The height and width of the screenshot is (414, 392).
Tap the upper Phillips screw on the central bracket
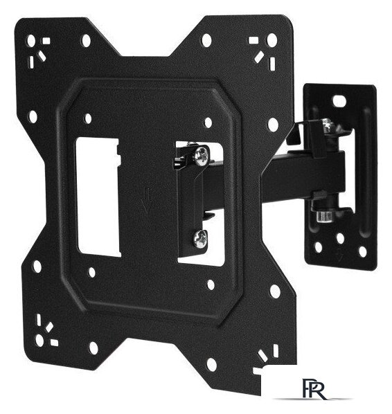201,156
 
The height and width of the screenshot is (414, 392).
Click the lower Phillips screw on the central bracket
200,239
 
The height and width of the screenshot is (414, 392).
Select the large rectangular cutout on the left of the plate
98,197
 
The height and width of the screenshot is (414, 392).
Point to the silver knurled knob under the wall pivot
324,216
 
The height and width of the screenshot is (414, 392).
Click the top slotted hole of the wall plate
339,100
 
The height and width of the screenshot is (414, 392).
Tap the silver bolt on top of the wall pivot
328,126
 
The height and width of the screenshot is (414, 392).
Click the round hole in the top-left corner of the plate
31,41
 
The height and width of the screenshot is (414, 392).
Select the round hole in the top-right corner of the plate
271,39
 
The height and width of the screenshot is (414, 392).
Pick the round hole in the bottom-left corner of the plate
39,340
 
